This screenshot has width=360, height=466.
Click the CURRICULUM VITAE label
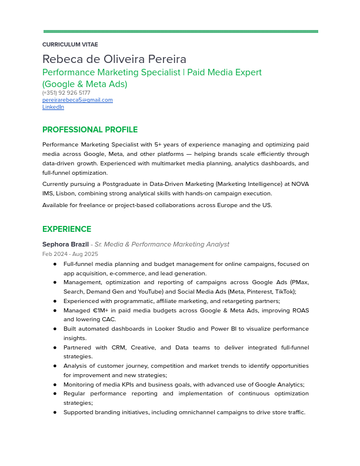(x=70, y=45)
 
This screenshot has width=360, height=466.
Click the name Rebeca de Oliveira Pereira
(x=114, y=59)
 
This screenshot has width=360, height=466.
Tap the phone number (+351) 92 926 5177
(x=66, y=93)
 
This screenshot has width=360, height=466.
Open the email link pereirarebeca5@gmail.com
(x=77, y=100)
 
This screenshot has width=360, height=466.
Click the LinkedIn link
(x=53, y=107)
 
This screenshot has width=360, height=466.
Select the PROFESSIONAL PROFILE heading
(x=90, y=130)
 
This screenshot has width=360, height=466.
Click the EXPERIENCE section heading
(x=66, y=229)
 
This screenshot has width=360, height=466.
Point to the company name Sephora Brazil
(x=65, y=244)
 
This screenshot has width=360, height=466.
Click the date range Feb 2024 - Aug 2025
(x=70, y=254)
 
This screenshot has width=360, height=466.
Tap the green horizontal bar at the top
(x=181, y=32)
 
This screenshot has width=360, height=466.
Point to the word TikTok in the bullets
(x=283, y=292)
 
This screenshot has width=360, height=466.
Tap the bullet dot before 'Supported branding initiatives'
(x=55, y=412)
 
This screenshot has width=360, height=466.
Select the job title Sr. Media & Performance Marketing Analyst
(x=162, y=244)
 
